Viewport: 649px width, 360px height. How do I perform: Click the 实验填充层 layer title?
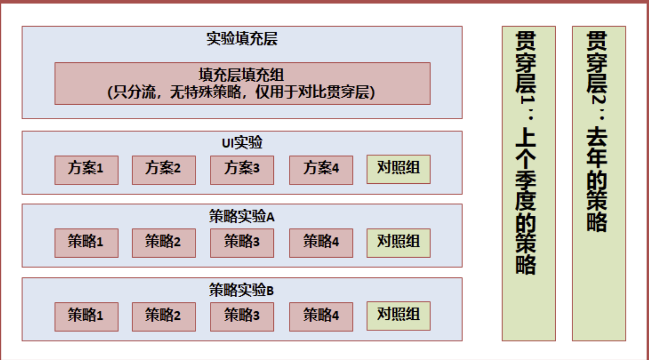[242, 39]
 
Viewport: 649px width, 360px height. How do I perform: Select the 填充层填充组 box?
[242, 83]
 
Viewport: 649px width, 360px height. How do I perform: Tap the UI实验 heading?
[242, 142]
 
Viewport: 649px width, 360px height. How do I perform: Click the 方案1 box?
[86, 170]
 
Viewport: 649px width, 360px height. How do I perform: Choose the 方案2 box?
[164, 170]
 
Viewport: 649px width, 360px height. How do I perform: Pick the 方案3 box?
[242, 170]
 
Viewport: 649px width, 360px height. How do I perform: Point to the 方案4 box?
[321, 170]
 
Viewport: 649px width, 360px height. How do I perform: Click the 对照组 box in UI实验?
[398, 169]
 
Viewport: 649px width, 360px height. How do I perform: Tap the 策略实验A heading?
[242, 216]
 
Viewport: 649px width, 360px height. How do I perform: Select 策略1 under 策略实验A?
[86, 243]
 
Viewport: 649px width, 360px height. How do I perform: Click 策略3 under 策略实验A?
[242, 243]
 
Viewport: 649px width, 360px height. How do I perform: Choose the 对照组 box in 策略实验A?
[398, 242]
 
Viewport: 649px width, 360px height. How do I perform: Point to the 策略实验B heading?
[242, 290]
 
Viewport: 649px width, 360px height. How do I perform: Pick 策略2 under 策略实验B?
[164, 316]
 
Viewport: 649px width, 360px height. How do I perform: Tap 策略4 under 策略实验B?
[321, 316]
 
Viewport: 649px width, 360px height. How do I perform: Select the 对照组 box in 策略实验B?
[398, 316]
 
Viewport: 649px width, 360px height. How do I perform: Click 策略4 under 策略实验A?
[321, 243]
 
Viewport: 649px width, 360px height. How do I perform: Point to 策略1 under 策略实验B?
[86, 316]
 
